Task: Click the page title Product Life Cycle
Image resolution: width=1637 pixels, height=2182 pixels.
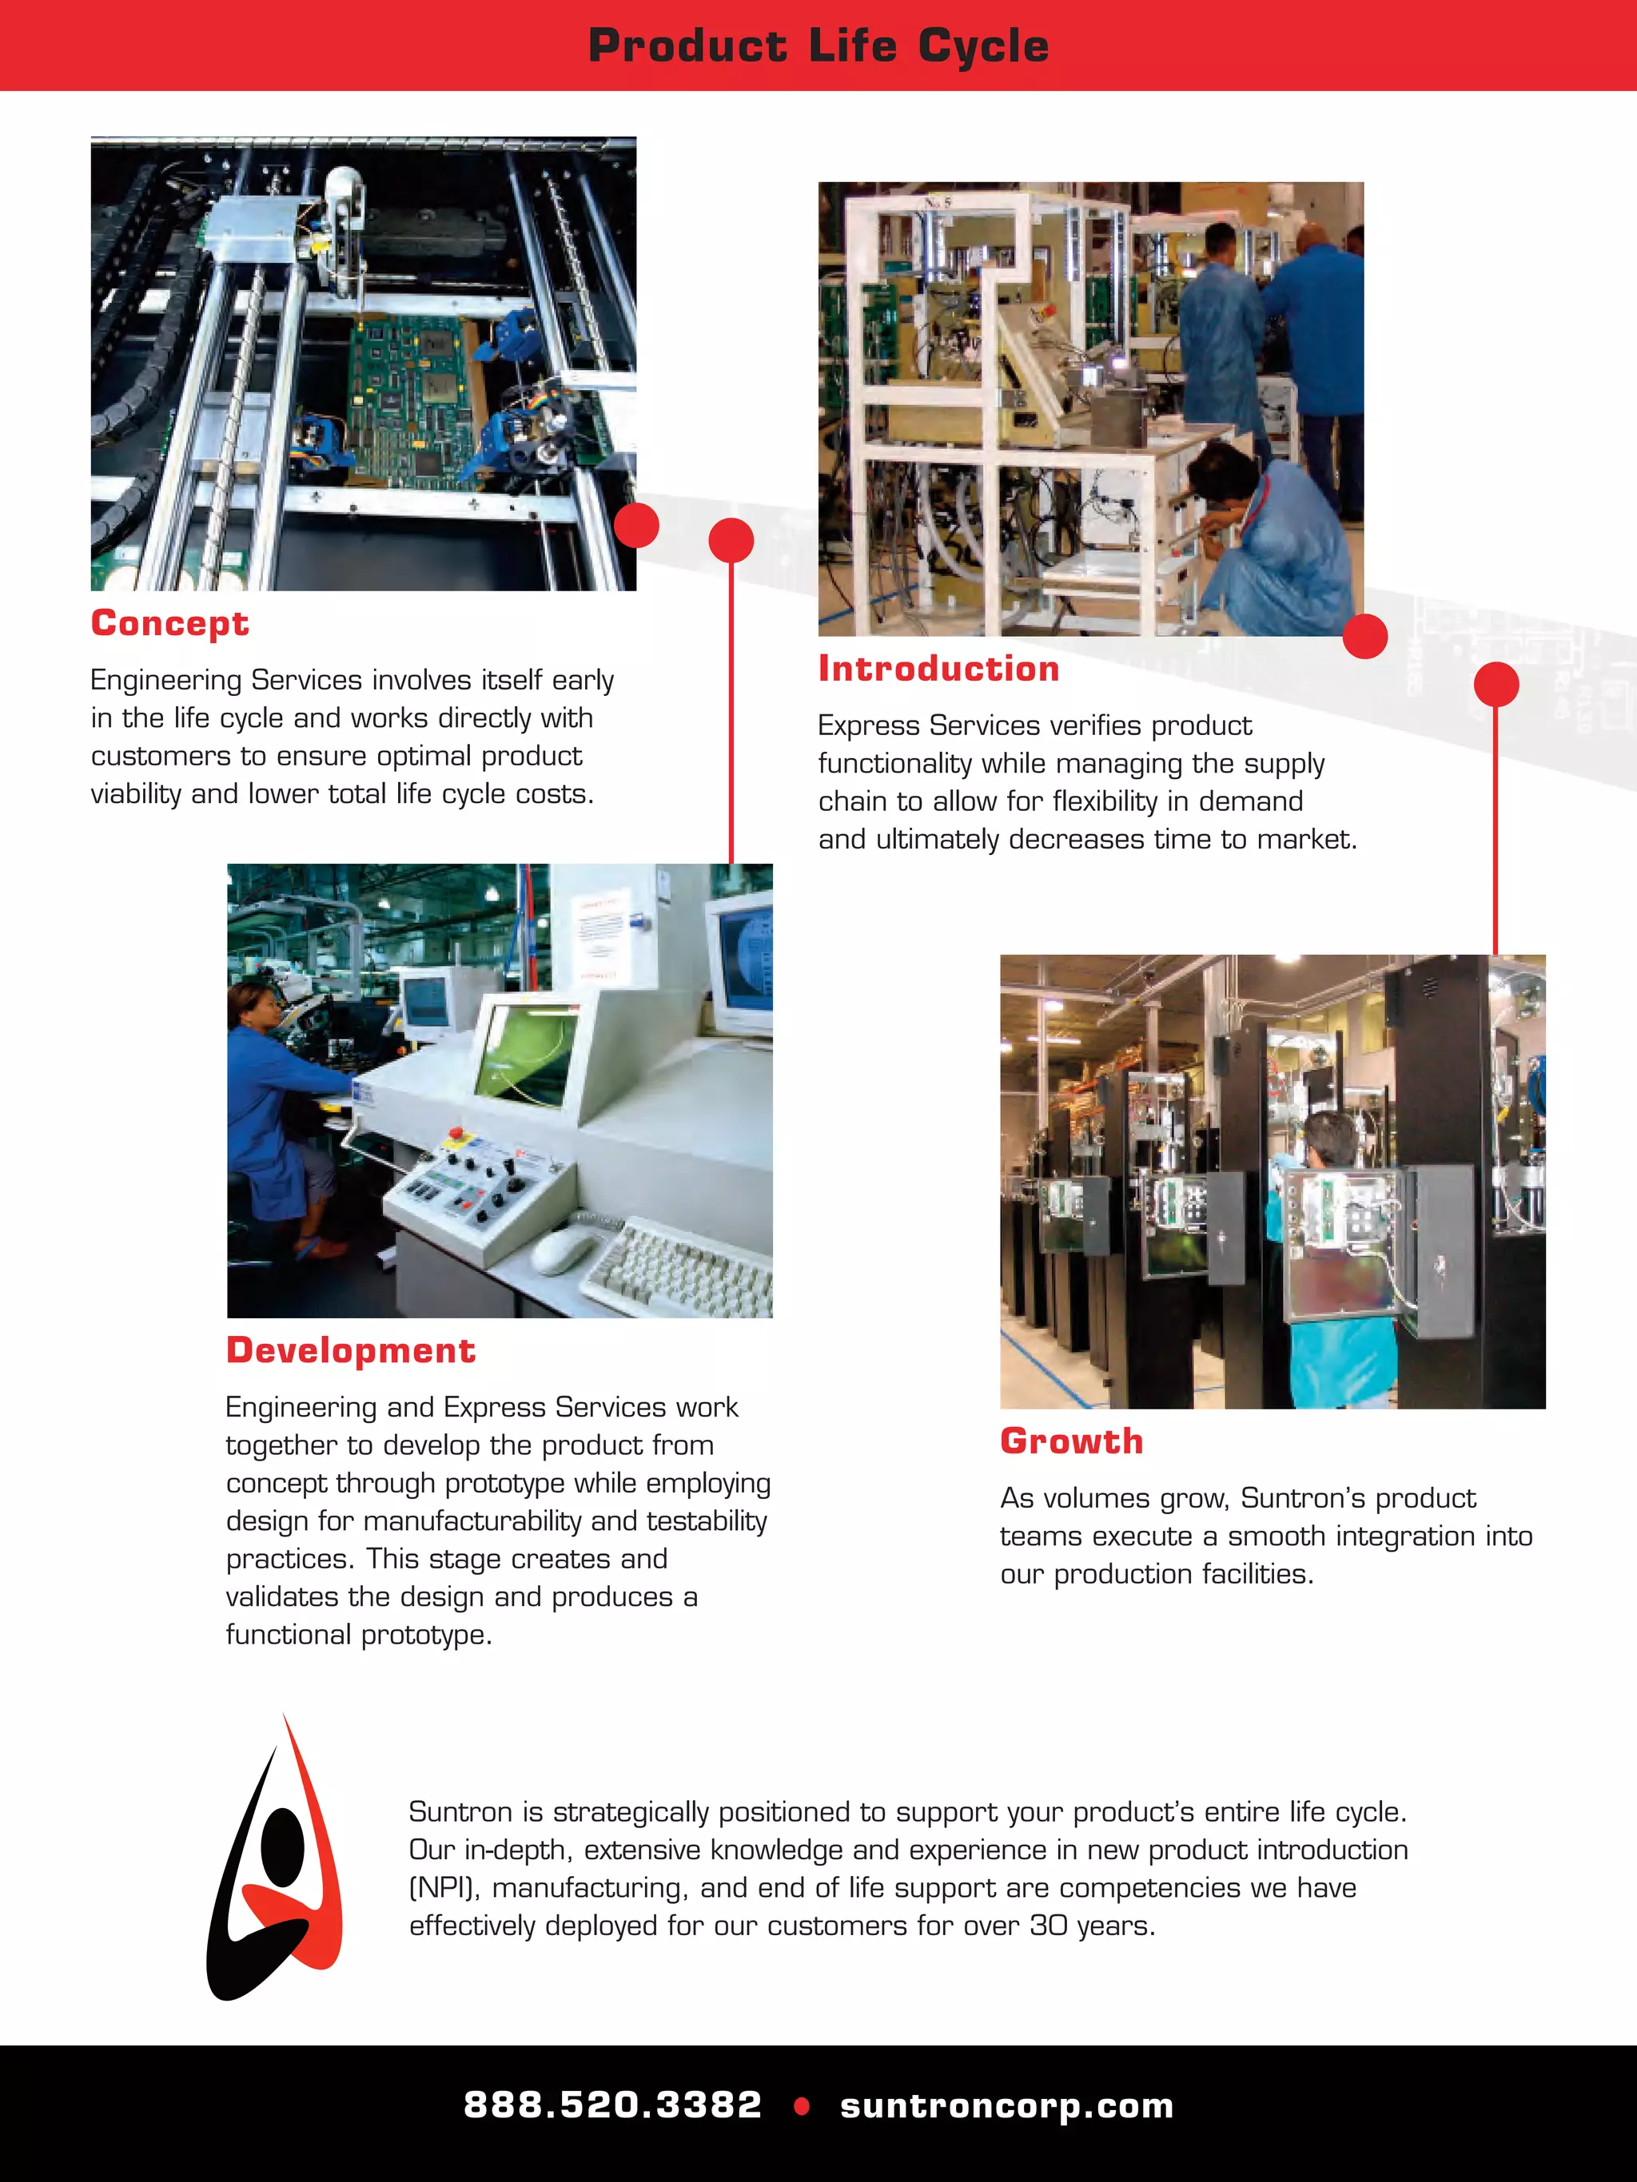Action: (818, 46)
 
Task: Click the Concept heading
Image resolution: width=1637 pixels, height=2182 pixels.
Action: (169, 623)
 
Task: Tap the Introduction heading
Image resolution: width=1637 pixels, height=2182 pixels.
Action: (938, 669)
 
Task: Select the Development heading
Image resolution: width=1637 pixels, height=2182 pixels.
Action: (350, 1350)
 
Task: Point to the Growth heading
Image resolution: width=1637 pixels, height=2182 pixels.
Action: (1072, 1441)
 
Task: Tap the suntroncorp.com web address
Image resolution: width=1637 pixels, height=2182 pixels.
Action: (1006, 2105)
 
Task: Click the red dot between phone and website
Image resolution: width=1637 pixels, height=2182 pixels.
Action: (801, 2106)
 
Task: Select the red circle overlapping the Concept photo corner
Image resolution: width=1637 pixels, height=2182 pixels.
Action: (636, 525)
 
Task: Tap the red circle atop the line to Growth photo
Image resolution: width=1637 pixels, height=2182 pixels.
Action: (1496, 685)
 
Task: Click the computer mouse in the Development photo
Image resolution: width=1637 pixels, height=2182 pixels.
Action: (563, 1251)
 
